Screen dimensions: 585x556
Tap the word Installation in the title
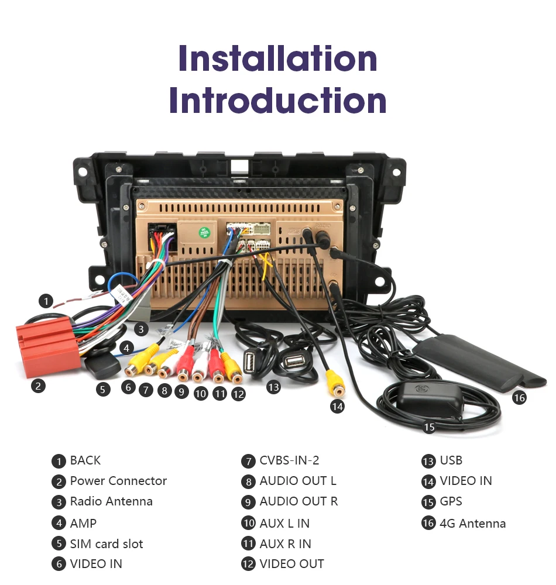click(277, 58)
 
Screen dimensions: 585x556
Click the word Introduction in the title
click(277, 101)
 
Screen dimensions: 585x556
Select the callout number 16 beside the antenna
click(519, 398)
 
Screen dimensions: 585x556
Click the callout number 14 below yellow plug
click(337, 406)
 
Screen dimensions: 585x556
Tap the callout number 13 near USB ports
click(273, 387)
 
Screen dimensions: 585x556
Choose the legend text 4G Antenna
click(472, 523)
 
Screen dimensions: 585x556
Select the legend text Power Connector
click(118, 481)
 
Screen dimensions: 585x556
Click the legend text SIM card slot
click(107, 543)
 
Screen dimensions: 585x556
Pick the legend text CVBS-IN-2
click(289, 460)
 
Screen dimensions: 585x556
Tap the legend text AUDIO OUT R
click(298, 501)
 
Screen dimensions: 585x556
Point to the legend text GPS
click(451, 501)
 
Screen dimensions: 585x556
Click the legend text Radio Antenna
click(111, 501)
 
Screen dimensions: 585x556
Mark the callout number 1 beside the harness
click(46, 301)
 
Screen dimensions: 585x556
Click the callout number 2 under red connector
click(38, 386)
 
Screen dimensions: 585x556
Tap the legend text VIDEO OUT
click(291, 564)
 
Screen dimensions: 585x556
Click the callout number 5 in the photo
click(103, 389)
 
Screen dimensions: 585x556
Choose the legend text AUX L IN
click(284, 523)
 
